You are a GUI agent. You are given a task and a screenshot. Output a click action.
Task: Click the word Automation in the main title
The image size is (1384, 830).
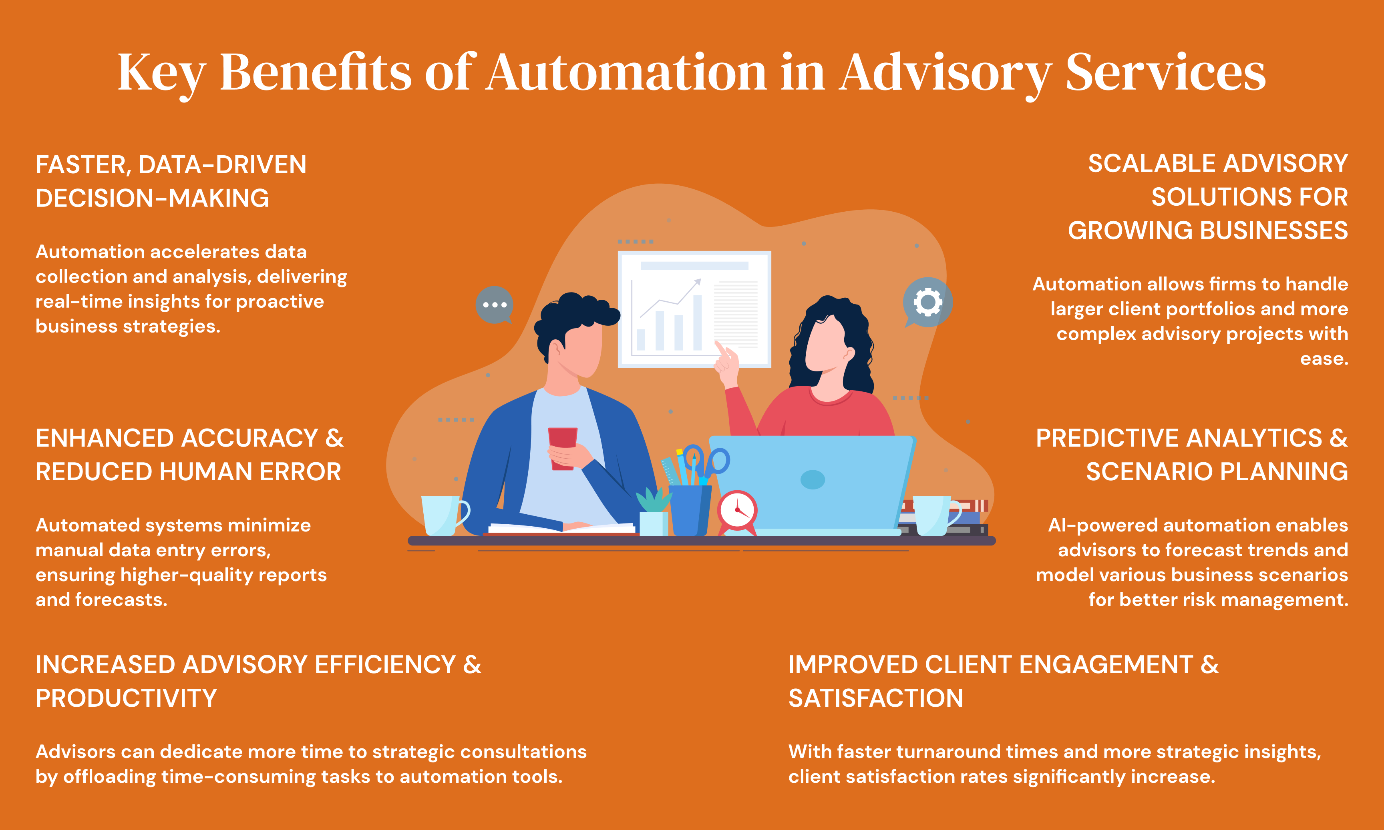coord(626,73)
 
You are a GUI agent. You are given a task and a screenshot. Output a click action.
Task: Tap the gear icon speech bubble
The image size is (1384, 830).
coord(927,303)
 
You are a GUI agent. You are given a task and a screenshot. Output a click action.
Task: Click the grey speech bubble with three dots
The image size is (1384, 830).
coord(494,305)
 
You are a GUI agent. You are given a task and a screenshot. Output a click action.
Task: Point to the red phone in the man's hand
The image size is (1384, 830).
coord(562,447)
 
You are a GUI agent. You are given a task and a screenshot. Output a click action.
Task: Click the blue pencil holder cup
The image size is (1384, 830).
coord(690,509)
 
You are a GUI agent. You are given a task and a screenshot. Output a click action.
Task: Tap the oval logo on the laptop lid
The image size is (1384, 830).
coord(813,479)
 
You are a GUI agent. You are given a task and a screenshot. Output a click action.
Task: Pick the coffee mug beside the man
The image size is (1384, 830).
coord(443,515)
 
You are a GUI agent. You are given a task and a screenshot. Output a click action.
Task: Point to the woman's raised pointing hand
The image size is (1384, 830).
coord(726,363)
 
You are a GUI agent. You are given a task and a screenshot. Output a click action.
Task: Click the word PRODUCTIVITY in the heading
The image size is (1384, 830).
coord(126,698)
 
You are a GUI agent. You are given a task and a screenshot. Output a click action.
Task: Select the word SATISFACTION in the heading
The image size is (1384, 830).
coord(875,698)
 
